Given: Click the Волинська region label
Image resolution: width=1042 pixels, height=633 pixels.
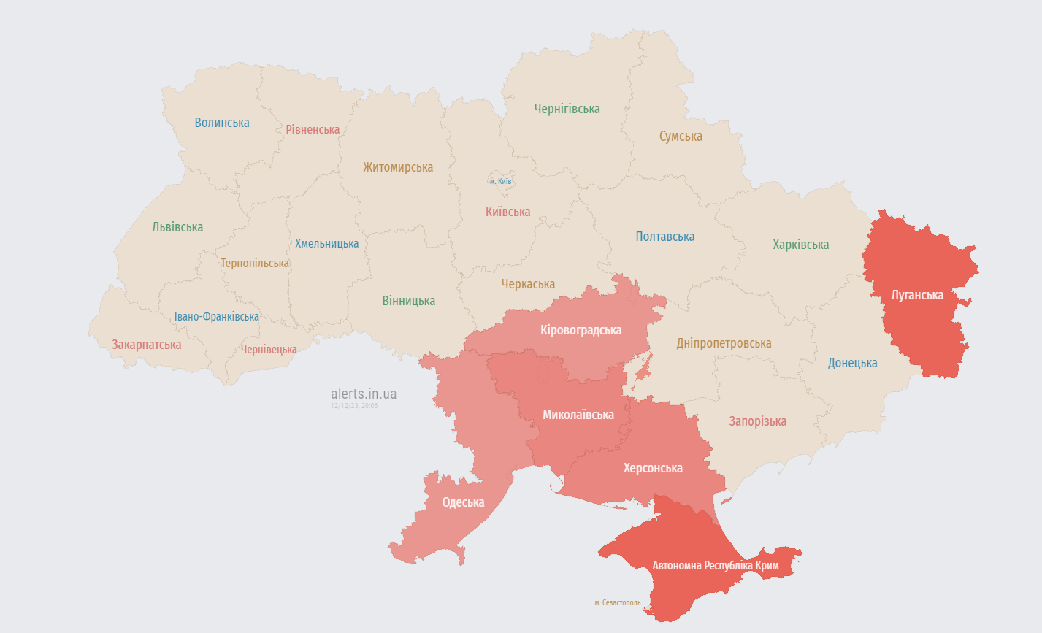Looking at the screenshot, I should [222, 123].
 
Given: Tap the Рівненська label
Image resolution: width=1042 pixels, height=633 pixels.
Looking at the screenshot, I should [313, 129].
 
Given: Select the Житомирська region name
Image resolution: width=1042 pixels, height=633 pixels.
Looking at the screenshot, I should [398, 167].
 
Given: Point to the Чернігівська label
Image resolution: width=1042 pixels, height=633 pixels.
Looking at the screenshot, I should [567, 109].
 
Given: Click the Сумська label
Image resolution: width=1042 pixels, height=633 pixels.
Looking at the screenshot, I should [681, 136].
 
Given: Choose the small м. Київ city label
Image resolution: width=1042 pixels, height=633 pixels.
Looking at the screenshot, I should [500, 181].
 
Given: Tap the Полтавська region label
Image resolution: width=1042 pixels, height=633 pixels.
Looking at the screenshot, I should [664, 237].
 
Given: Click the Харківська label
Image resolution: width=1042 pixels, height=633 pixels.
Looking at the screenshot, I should [800, 245].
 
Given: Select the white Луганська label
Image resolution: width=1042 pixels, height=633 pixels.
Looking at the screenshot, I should [917, 295].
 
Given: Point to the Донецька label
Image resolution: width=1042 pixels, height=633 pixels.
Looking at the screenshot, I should [852, 363].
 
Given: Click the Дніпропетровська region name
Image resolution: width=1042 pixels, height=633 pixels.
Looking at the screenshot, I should [724, 343].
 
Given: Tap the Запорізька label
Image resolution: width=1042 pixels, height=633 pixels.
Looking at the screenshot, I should [757, 421].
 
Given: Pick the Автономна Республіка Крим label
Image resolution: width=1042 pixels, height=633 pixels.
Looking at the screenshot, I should [715, 565].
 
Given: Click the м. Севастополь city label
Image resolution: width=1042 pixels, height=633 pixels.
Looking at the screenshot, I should [617, 603].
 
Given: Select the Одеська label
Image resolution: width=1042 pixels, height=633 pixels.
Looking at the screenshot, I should [463, 502].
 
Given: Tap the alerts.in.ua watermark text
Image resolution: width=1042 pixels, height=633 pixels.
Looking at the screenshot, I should [364, 394].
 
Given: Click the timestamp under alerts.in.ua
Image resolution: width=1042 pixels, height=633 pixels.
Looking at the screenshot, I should [354, 406].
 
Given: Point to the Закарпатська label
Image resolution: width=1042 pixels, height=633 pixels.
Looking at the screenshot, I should [146, 345].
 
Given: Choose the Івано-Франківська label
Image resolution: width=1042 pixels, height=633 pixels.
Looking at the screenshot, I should [216, 317].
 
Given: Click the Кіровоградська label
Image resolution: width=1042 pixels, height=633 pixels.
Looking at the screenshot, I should [581, 330].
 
